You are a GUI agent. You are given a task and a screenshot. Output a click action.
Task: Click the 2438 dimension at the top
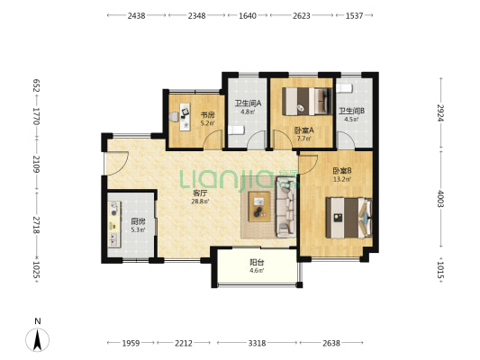(136, 15)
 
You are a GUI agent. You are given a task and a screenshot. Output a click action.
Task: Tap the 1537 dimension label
(354, 15)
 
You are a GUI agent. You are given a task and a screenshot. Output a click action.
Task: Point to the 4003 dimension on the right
(440, 199)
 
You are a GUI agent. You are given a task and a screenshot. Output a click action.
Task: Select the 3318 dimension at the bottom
(257, 343)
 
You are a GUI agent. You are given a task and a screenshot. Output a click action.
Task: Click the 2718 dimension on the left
(36, 225)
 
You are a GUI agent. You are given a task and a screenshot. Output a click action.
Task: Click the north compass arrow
(37, 339)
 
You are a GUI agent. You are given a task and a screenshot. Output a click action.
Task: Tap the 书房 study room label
(207, 115)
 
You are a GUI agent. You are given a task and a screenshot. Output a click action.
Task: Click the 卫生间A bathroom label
(248, 103)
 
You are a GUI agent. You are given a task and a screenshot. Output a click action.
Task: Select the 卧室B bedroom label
(342, 170)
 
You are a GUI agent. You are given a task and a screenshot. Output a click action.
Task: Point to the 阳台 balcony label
(257, 263)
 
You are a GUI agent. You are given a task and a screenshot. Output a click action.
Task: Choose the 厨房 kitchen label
(138, 221)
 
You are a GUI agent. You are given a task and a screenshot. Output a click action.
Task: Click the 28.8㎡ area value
(200, 202)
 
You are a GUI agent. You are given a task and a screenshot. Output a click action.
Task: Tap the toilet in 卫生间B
(345, 88)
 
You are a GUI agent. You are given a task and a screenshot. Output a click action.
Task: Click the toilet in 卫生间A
(236, 130)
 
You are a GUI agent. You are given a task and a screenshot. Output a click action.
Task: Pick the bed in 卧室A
(307, 101)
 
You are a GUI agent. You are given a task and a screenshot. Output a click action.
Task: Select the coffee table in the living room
(259, 206)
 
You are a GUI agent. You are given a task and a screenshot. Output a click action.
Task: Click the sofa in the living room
(286, 207)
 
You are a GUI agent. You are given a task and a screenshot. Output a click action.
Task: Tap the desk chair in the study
(174, 117)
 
